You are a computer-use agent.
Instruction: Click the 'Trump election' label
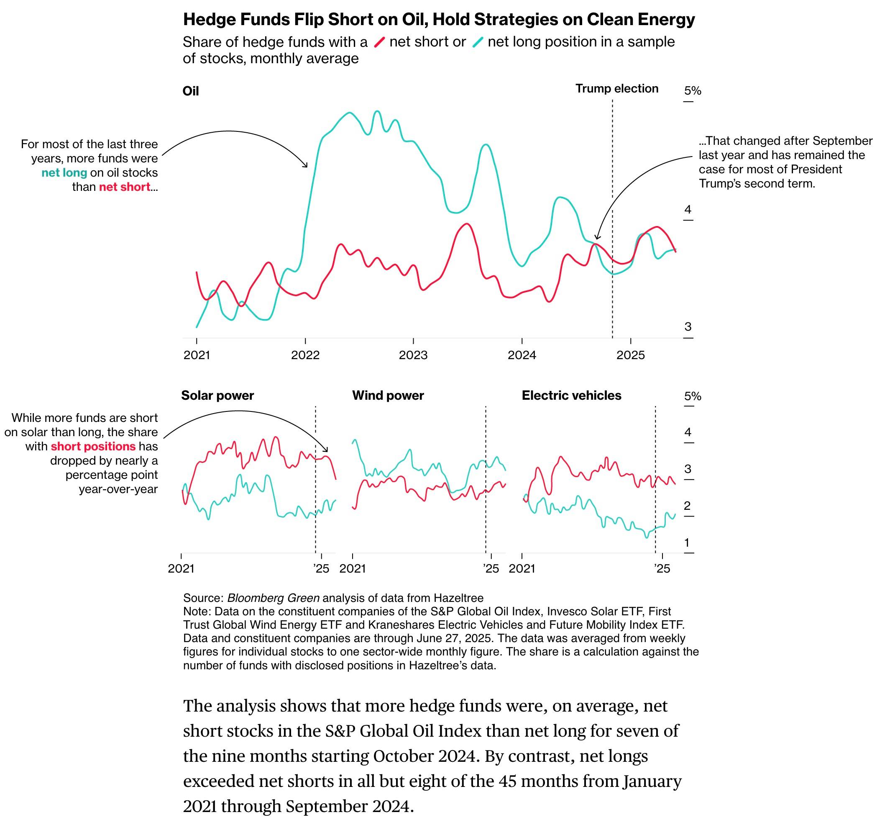click(x=616, y=88)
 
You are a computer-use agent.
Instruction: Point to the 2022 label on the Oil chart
click(x=305, y=355)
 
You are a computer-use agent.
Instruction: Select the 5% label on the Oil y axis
click(x=692, y=91)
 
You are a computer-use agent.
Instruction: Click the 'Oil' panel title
click(x=190, y=91)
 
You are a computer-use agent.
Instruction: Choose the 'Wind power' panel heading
click(x=388, y=395)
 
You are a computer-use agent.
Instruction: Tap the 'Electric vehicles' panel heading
click(x=571, y=395)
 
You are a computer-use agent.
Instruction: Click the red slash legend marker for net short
click(x=379, y=42)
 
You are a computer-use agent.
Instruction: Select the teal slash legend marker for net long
click(x=478, y=42)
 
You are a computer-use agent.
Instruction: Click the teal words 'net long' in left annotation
click(x=64, y=173)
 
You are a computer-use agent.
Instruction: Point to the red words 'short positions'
click(x=93, y=447)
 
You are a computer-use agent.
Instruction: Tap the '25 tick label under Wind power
click(x=491, y=568)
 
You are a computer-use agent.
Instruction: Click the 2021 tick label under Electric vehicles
click(x=522, y=568)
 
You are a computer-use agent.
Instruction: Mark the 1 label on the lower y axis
click(x=687, y=542)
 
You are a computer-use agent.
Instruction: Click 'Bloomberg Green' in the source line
click(x=273, y=598)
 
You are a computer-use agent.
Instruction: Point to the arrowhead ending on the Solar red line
click(x=327, y=450)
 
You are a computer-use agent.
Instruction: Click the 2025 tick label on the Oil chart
click(x=630, y=355)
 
